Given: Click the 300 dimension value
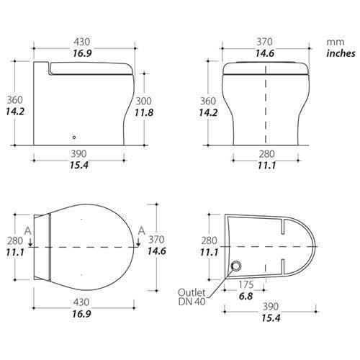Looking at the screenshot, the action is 143,101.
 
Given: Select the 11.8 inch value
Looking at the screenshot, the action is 143,112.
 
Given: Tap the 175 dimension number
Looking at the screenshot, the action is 246,284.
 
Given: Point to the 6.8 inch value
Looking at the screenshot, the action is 246,296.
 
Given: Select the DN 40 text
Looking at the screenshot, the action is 192,302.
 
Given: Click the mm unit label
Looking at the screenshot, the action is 336,42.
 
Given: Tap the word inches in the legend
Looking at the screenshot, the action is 341,53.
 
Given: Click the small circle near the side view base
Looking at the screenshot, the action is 74,138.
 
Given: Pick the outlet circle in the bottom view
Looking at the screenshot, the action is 235,266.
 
